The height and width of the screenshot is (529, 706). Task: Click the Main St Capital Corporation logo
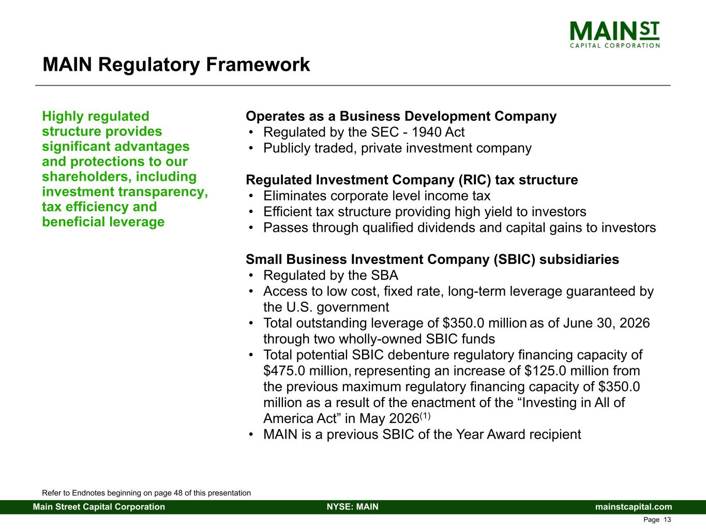[614, 35]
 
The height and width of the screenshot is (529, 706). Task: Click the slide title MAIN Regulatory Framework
[176, 65]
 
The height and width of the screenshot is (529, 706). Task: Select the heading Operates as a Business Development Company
[401, 116]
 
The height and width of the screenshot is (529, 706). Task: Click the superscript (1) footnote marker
[425, 416]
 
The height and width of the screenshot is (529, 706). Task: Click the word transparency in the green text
[163, 192]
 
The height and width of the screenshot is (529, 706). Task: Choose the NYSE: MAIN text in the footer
[353, 507]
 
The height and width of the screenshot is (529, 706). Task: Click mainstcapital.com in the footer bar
[634, 507]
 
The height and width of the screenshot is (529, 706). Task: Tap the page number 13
[667, 520]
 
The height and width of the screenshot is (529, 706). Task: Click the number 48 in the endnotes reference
[178, 493]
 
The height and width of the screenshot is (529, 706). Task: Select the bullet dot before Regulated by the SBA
[251, 275]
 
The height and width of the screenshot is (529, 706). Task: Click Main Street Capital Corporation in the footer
[99, 507]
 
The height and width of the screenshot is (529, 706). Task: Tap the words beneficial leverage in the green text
[103, 222]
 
